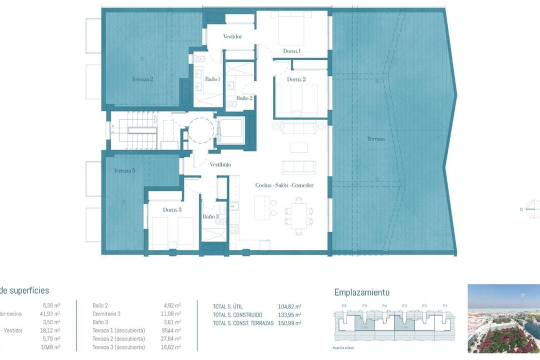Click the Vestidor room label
click(232, 36)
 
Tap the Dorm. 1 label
click(292, 51)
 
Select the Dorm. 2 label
click(296, 79)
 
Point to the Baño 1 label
click(212, 79)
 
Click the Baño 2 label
click(244, 98)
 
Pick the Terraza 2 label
click(142, 79)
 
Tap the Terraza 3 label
click(124, 170)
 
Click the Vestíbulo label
click(220, 164)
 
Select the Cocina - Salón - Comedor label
click(284, 185)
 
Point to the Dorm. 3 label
click(172, 209)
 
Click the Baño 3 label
click(210, 216)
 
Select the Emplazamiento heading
click(361, 292)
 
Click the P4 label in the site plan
click(384, 305)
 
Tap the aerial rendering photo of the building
click(503, 318)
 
